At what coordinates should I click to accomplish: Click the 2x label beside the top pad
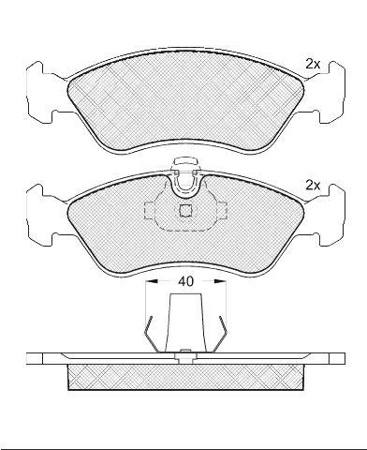pyautogui.click(x=313, y=65)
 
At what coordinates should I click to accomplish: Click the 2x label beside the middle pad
pyautogui.click(x=313, y=186)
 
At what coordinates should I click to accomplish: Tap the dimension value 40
pyautogui.click(x=185, y=281)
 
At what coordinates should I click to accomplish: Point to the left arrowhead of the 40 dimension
pyautogui.click(x=151, y=281)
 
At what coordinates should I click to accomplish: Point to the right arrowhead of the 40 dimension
pyautogui.click(x=221, y=281)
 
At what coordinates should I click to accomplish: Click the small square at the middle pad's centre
pyautogui.click(x=186, y=210)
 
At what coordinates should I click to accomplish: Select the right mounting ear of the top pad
pyautogui.click(x=330, y=91)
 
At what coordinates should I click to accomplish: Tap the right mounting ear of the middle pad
pyautogui.click(x=330, y=215)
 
